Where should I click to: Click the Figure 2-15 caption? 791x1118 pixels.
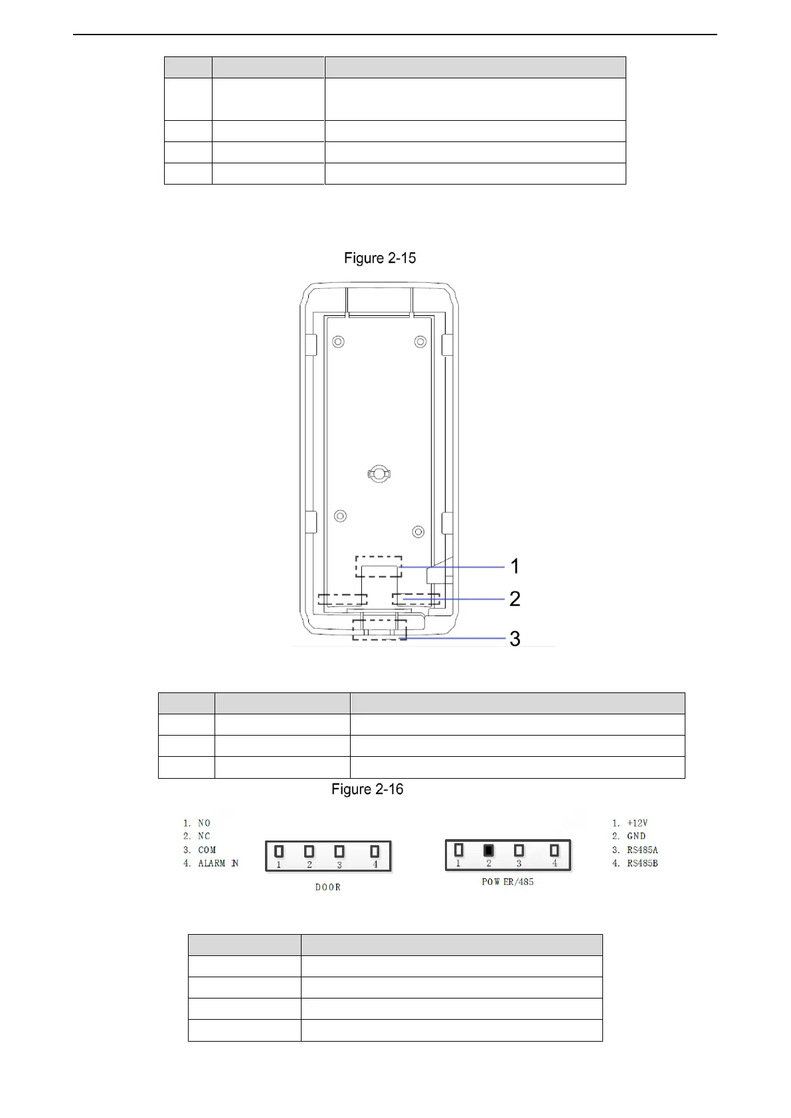tap(379, 258)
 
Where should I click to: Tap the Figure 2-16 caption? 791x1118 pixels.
tap(367, 789)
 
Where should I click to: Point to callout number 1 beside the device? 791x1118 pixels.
tap(515, 566)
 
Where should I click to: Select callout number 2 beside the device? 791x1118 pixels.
tap(515, 598)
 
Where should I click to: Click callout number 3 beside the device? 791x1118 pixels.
tap(515, 639)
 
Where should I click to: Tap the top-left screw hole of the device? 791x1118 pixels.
tap(338, 342)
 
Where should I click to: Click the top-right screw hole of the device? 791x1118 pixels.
tap(420, 342)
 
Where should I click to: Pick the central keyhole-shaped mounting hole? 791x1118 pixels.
tap(379, 473)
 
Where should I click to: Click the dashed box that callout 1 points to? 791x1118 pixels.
tap(379, 566)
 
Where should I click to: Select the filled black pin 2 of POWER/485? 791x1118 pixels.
tap(489, 850)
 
